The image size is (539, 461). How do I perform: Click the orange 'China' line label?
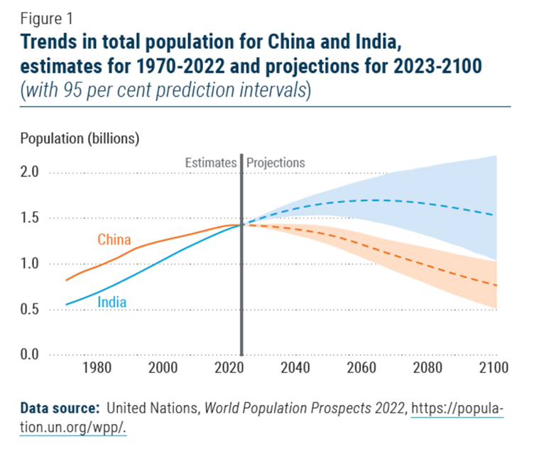(114, 239)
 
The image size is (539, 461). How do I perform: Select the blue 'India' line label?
(111, 302)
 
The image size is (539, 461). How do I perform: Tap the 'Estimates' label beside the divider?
(210, 163)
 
